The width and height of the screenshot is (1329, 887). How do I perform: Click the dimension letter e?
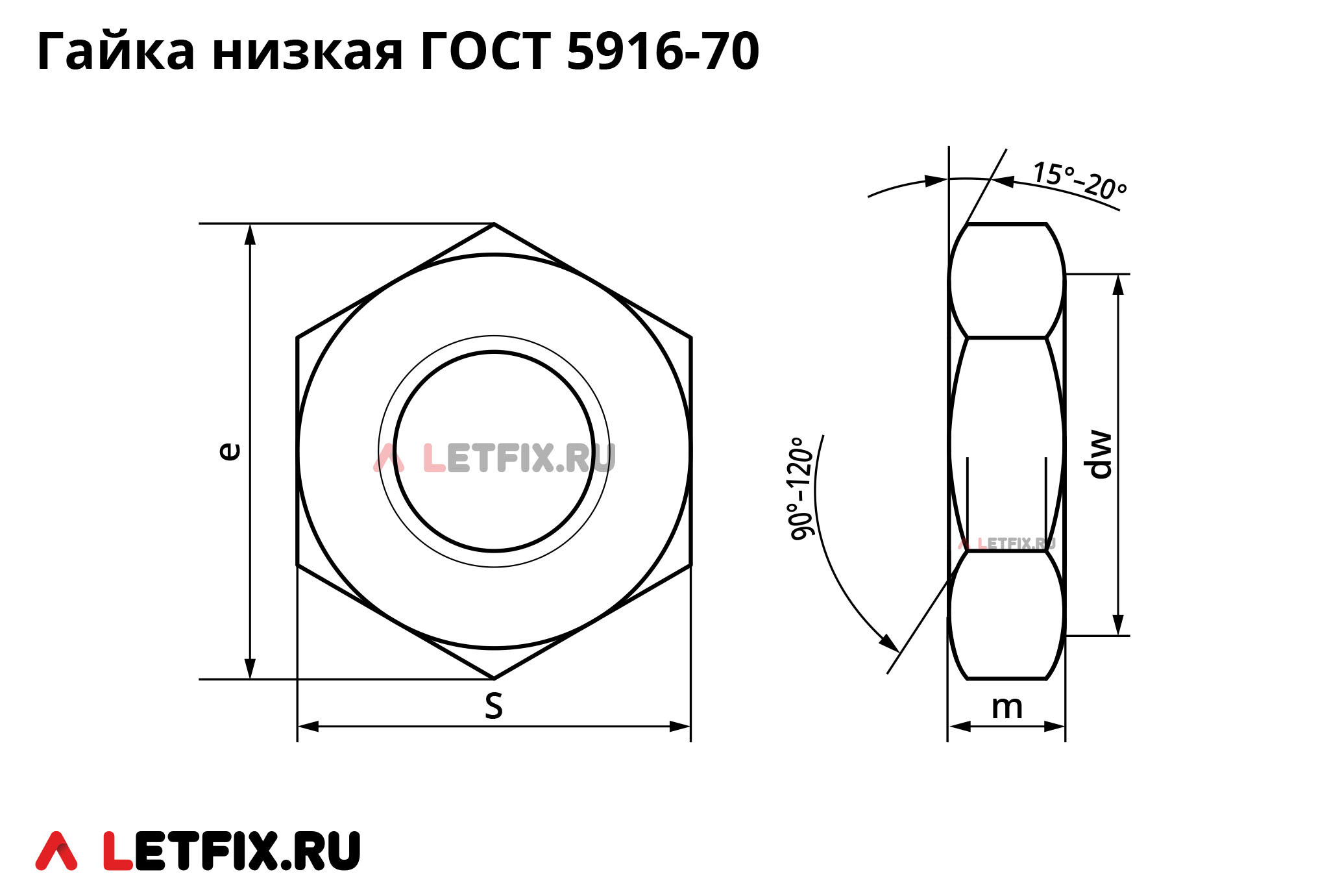(230, 451)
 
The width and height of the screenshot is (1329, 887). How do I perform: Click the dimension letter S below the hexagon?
(493, 706)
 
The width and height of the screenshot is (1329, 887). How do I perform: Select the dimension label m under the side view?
(1006, 707)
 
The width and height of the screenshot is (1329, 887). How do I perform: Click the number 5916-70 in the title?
(662, 51)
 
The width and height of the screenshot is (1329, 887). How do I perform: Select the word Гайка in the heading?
(116, 51)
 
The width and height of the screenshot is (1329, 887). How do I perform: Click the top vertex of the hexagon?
(494, 224)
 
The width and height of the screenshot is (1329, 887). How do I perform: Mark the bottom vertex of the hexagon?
(494, 679)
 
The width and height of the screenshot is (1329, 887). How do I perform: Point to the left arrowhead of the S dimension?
(308, 726)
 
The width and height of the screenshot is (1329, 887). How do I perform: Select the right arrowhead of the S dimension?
(680, 726)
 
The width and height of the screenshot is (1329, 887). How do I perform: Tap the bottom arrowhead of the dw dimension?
(1118, 625)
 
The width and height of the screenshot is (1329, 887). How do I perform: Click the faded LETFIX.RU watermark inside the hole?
(494, 458)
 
